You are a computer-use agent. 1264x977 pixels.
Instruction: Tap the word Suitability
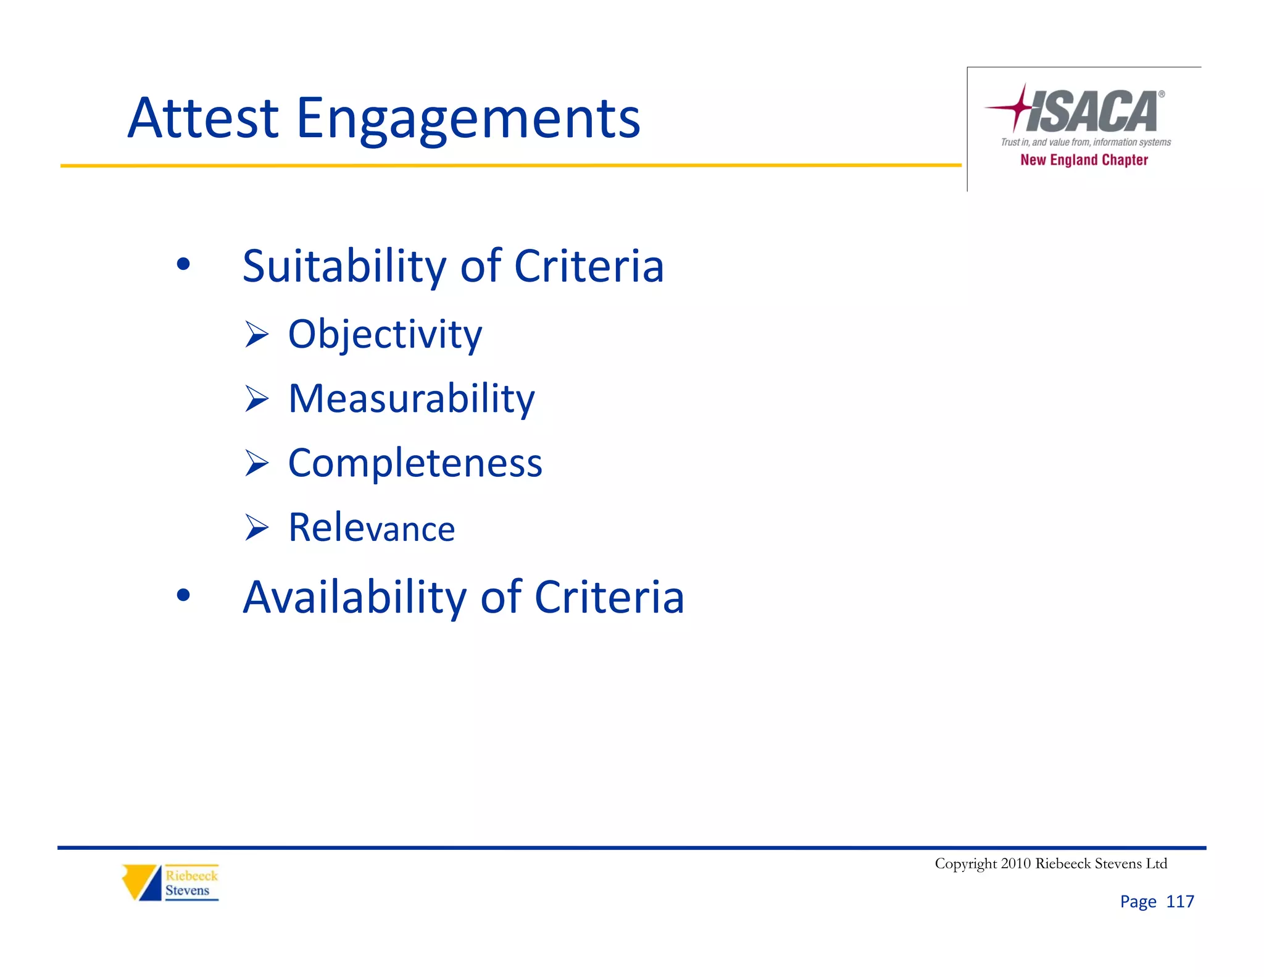pyautogui.click(x=344, y=266)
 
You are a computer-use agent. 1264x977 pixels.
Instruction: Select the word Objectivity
pyautogui.click(x=385, y=335)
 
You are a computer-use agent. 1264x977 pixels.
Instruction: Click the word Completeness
pyautogui.click(x=415, y=463)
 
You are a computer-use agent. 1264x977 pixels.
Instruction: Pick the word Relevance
pyautogui.click(x=372, y=528)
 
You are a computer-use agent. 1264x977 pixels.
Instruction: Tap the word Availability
pyautogui.click(x=354, y=597)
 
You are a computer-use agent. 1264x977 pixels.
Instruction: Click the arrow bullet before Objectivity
pyautogui.click(x=256, y=334)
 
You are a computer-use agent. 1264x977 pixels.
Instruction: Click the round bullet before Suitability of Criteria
pyautogui.click(x=183, y=265)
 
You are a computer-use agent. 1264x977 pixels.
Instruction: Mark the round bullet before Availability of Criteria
pyautogui.click(x=183, y=595)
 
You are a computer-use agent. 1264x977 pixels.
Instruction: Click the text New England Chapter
pyautogui.click(x=1084, y=160)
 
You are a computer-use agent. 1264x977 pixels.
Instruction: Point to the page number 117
pyautogui.click(x=1179, y=902)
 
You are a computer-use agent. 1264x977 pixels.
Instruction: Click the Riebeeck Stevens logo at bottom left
pyautogui.click(x=170, y=883)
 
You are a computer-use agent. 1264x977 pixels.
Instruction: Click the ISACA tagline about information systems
pyautogui.click(x=1085, y=142)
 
